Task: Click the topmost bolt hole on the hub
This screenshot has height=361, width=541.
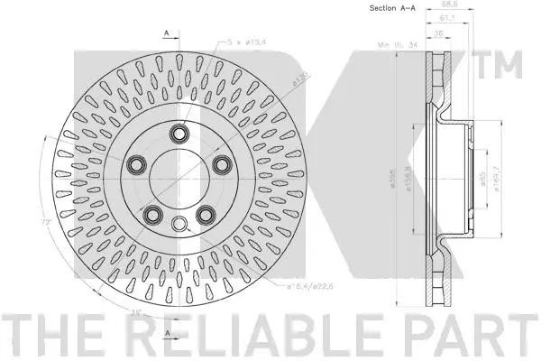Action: pyautogui.click(x=179, y=135)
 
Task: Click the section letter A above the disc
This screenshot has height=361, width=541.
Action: pyautogui.click(x=167, y=34)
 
